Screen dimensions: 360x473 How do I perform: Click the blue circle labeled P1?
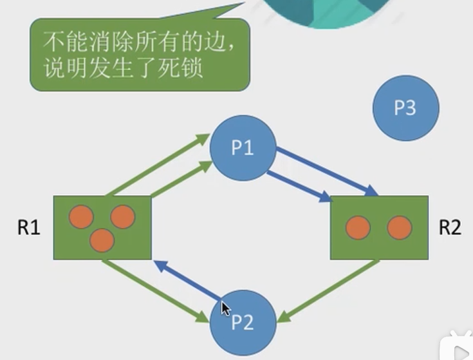[x=243, y=149]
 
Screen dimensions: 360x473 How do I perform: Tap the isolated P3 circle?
[x=405, y=108]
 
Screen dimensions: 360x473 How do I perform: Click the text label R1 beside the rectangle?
[x=29, y=228]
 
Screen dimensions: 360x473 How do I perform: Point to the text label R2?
[x=449, y=228]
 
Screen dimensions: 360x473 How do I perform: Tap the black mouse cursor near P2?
[x=225, y=308]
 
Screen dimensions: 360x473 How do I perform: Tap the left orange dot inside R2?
[x=358, y=227]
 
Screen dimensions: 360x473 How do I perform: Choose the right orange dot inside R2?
[x=399, y=227]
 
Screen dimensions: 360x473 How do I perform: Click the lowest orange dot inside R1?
[x=102, y=240]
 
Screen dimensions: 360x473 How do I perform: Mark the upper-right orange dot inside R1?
[x=122, y=217]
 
